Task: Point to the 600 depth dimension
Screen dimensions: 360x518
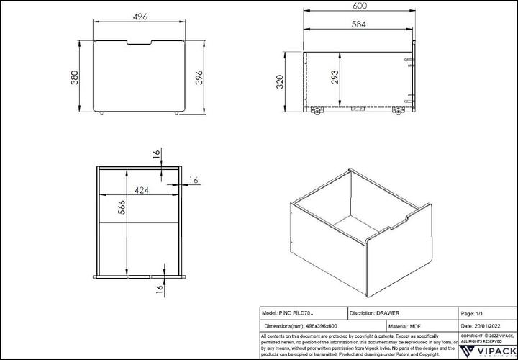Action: coord(360,6)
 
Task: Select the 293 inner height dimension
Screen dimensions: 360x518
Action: coord(334,78)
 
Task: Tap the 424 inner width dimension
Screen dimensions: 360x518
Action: coord(141,191)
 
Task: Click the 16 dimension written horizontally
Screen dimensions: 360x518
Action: coord(194,179)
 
